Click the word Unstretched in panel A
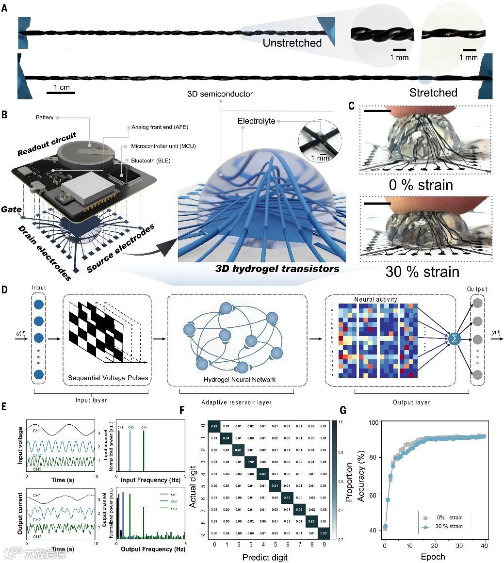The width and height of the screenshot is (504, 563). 292,43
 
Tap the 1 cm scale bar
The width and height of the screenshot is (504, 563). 61,91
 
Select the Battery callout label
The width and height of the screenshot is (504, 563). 45,117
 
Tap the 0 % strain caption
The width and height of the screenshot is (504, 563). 422,185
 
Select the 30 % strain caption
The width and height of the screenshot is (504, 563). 422,271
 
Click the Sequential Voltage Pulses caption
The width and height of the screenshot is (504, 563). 108,378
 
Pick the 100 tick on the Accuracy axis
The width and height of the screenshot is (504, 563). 374,423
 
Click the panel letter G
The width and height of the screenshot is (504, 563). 343,410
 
